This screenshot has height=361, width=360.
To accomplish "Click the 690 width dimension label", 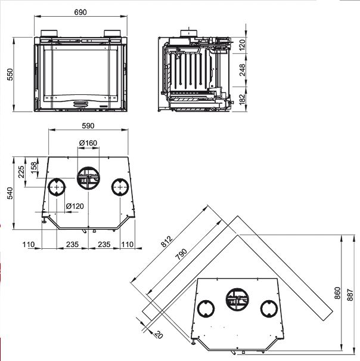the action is [80, 12].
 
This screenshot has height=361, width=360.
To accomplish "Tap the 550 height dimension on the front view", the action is [10, 75].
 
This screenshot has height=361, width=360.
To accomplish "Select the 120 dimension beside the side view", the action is [242, 45].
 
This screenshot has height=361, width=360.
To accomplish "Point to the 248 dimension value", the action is [243, 70].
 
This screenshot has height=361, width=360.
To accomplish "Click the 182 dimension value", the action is [243, 100].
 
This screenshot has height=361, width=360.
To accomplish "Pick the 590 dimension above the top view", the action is [88, 126].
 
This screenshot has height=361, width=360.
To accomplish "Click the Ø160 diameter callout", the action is [88, 143].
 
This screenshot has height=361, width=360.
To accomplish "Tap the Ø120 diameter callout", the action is [75, 206].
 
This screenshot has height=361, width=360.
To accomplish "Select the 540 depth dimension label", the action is [10, 193].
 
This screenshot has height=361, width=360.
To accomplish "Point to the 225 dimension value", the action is [21, 172].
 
